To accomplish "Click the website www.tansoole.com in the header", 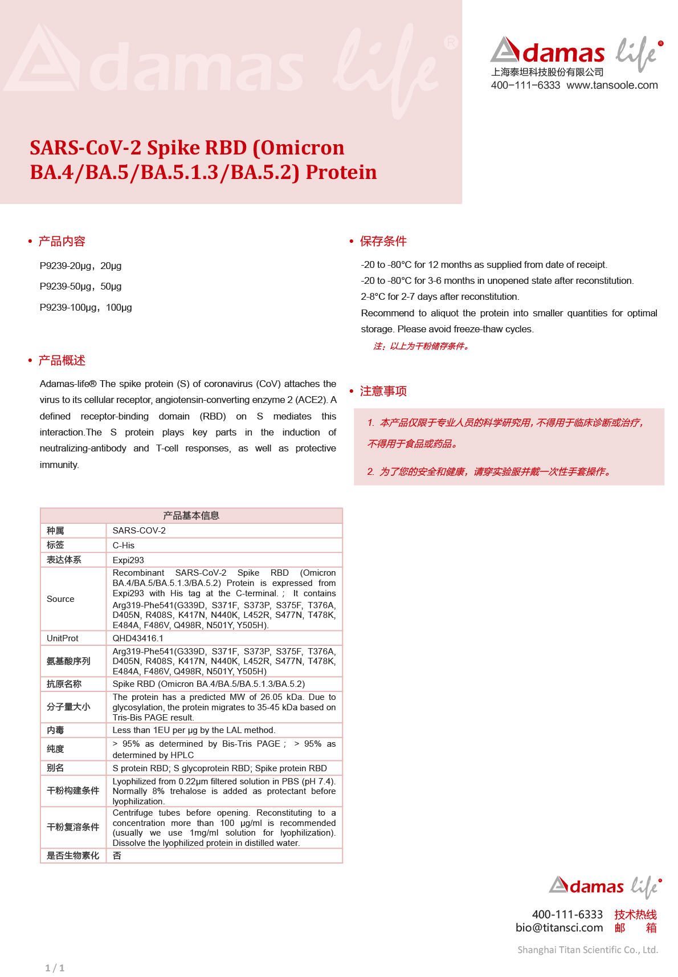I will pos(612,86).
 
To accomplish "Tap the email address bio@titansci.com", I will pos(559,927).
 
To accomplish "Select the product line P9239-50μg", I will pos(80,287).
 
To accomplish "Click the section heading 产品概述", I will pos(62,360).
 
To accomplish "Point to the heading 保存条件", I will pos(383,241).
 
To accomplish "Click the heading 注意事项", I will pos(383,391).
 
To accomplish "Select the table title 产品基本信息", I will pos(191,516).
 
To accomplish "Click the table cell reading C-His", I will pos(124,546).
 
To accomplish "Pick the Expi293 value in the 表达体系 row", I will pos(128,560).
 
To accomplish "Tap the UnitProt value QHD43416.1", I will pos(138,638).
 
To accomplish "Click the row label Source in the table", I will pos(60,599).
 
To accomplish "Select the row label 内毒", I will pos(55,730).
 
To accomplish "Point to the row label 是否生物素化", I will pos(73,856).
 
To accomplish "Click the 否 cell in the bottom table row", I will pos(117,856).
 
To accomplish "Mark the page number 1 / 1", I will pos(55,968).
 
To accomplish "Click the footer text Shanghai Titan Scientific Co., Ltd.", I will pos(587,950).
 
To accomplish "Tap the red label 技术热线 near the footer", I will pos(635,914).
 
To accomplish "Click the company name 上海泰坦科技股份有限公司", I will pos(547,72).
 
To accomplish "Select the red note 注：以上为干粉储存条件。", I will pos(421,346).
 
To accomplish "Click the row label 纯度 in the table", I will pos(55,749).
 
